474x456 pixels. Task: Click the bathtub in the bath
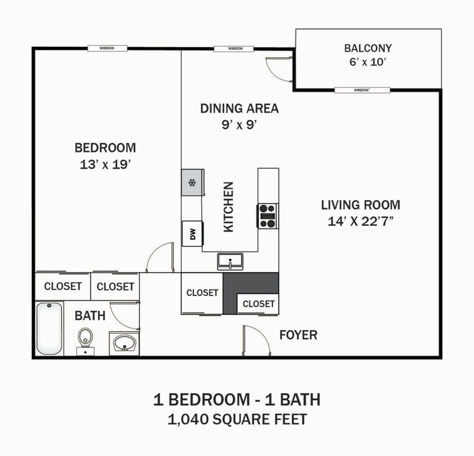pyautogui.click(x=50, y=328)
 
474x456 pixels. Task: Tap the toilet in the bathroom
pyautogui.click(x=85, y=340)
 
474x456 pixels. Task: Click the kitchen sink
pyautogui.click(x=231, y=261)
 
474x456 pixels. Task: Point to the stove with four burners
pyautogui.click(x=267, y=216)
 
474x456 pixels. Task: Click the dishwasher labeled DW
pyautogui.click(x=192, y=233)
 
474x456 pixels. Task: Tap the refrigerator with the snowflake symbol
pyautogui.click(x=192, y=182)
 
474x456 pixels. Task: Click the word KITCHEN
pyautogui.click(x=229, y=207)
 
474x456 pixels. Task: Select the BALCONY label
pyautogui.click(x=368, y=48)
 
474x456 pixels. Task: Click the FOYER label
pyautogui.click(x=298, y=335)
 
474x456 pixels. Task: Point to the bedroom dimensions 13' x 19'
pyautogui.click(x=105, y=165)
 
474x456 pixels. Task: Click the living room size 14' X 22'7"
pyautogui.click(x=360, y=222)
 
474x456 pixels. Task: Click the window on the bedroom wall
pyautogui.click(x=107, y=49)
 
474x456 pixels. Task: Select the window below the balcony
pyautogui.click(x=362, y=90)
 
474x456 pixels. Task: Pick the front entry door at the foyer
pyautogui.click(x=256, y=340)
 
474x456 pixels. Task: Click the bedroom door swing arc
pyautogui.click(x=159, y=257)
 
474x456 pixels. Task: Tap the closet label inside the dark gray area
pyautogui.click(x=258, y=304)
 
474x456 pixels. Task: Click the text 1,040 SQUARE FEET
pyautogui.click(x=237, y=419)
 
